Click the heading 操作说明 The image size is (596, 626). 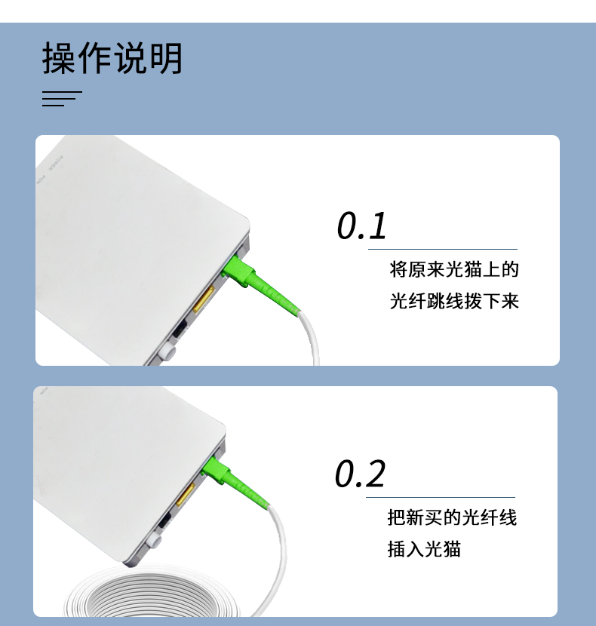112,59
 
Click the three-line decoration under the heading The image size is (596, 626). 60,99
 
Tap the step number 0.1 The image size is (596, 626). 361,226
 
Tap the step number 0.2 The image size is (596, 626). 360,474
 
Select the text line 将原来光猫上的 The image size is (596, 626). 454,269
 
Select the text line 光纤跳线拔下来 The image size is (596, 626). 454,301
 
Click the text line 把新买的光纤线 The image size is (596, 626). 452,517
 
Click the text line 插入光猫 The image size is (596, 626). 424,549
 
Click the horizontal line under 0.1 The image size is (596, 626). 442,249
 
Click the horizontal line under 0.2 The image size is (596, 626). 441,497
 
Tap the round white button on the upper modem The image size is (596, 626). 167,351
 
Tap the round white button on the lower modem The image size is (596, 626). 153,542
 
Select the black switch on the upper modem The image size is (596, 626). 180,330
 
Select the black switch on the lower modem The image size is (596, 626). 164,521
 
